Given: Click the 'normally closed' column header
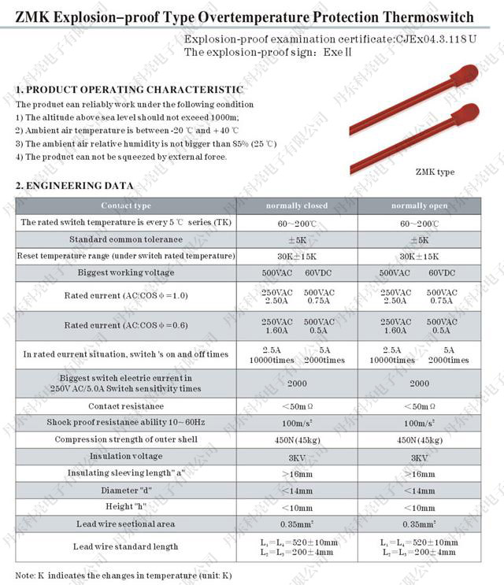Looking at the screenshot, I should [296, 205].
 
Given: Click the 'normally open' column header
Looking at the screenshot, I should [419, 205].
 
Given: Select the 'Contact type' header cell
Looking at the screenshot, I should [126, 205].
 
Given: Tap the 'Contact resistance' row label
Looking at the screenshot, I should [126, 406].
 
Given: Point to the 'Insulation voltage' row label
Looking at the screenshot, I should [126, 457].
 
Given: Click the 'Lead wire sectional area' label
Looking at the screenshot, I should [126, 524].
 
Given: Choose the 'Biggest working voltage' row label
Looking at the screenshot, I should [126, 272].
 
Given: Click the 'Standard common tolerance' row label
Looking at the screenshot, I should [126, 239].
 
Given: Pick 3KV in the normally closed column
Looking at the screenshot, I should [296, 457].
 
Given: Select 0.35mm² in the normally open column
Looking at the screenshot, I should [419, 524].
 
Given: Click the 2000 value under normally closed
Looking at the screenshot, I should [296, 383].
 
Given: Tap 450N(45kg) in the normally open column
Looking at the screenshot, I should [419, 440].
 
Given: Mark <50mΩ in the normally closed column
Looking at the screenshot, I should [296, 407].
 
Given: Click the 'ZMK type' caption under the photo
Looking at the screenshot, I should [435, 172].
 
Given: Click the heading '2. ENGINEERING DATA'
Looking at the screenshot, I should [75, 185].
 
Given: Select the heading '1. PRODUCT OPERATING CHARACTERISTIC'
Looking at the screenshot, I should [129, 90].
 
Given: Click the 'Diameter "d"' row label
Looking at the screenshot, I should [126, 490].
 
